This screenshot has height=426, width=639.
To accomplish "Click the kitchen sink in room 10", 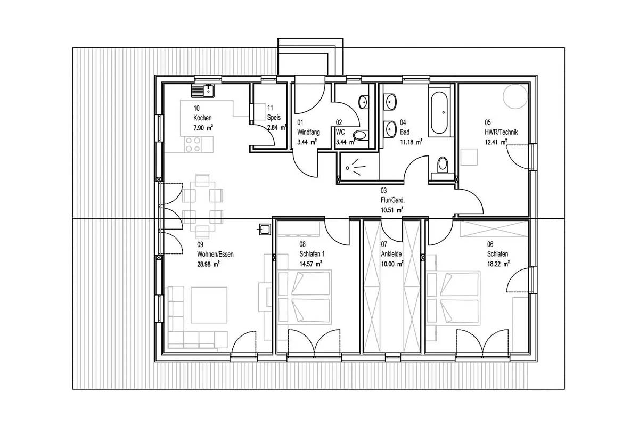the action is (x=202, y=91).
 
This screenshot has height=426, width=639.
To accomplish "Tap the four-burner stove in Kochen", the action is (x=193, y=144).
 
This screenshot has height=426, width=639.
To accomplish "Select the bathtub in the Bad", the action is (x=439, y=113).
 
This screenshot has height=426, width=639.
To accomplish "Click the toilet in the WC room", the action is (x=361, y=135).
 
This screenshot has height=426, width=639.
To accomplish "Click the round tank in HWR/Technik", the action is (x=515, y=97).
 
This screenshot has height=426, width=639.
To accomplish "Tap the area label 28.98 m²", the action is (x=208, y=264).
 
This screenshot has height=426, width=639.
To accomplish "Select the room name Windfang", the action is (x=308, y=132).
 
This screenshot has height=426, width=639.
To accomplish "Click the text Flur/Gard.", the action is (x=392, y=200).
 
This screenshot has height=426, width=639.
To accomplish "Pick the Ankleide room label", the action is (x=391, y=253).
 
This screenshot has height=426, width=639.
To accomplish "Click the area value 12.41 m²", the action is (x=496, y=142).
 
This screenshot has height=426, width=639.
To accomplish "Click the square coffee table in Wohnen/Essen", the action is (x=209, y=305).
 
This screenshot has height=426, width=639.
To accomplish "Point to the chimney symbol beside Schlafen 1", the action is (x=265, y=229).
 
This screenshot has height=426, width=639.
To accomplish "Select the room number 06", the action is (x=490, y=244).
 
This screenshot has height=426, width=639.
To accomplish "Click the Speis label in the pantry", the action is (x=274, y=117).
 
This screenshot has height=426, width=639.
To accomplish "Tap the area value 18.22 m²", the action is (x=498, y=264).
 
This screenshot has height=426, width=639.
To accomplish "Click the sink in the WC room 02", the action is (x=363, y=102).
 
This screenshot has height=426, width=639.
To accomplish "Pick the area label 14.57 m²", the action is (x=310, y=264).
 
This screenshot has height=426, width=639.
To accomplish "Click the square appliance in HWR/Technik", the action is (x=469, y=157).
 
